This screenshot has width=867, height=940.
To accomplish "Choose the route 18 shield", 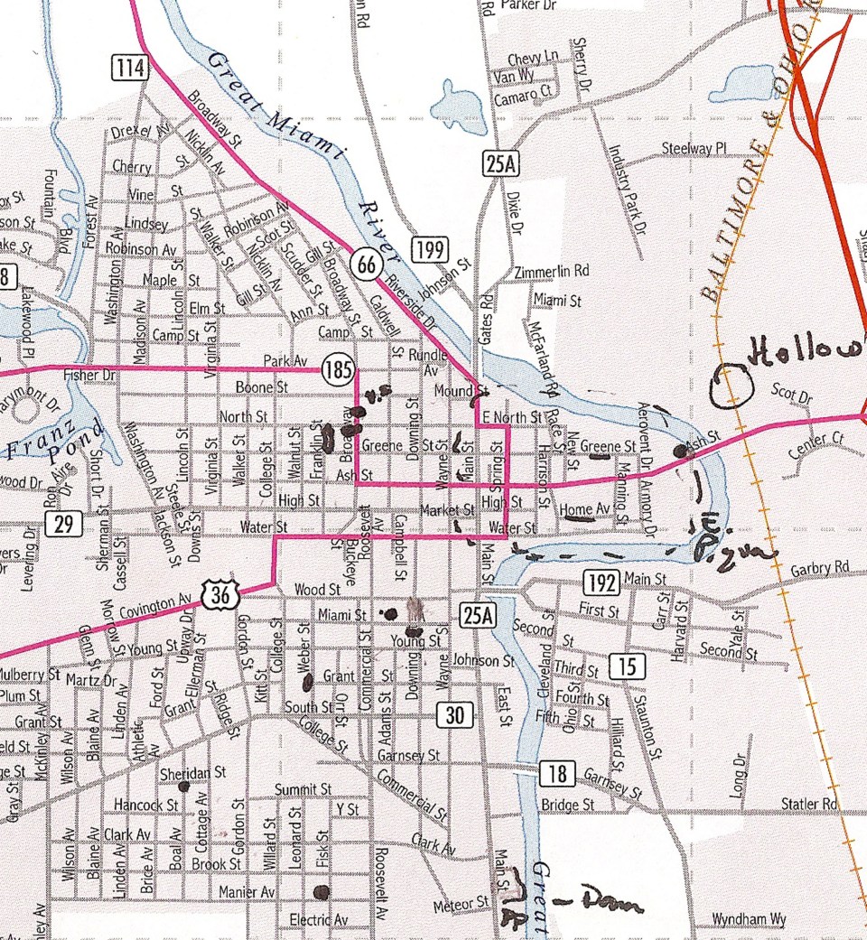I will coord(556,774).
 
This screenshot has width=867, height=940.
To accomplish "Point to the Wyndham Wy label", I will coord(749,920).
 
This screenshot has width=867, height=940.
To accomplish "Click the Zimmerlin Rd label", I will coord(550,271).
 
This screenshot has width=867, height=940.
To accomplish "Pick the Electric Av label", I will coord(318,920).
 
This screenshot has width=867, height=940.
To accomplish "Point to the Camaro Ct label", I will coord(522,92).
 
